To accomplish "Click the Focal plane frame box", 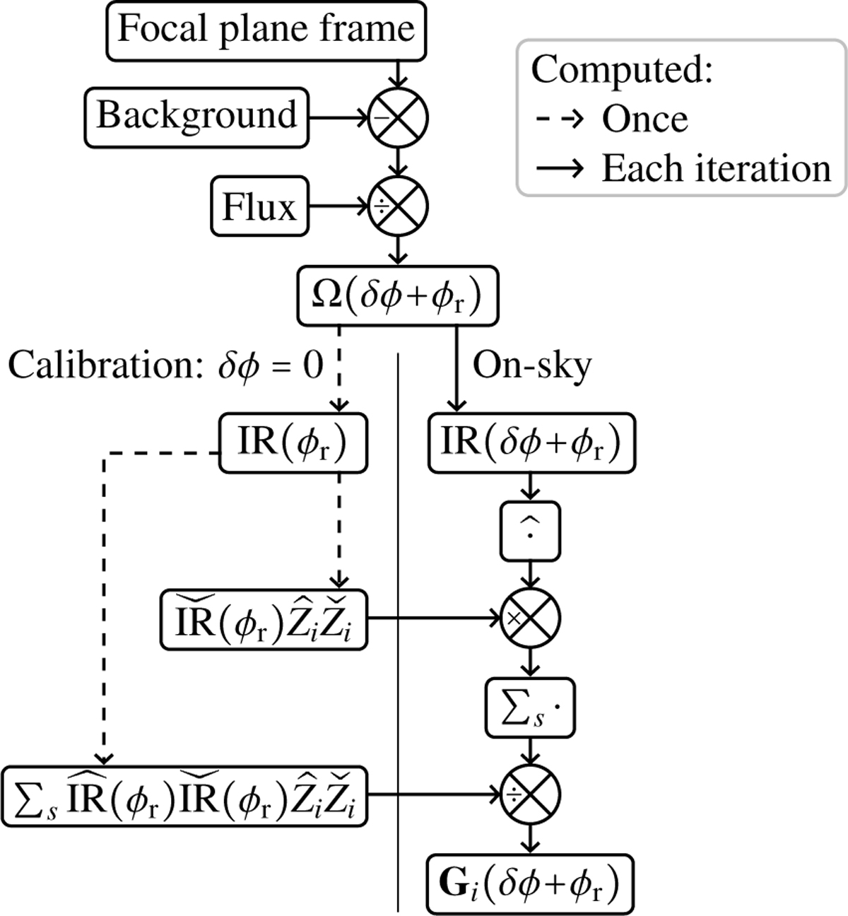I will [x=266, y=30].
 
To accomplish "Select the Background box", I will [x=196, y=116].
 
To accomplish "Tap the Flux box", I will [x=259, y=208].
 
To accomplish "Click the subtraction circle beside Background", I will [x=399, y=117].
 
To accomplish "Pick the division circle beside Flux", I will [x=399, y=208].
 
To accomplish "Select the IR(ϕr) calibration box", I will [x=293, y=443].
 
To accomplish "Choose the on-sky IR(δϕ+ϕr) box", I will [x=531, y=443].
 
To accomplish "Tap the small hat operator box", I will [x=530, y=529].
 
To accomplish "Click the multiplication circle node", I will [x=530, y=616].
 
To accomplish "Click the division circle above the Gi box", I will [x=530, y=795].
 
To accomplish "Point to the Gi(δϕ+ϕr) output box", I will [x=529, y=883].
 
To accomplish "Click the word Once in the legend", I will [x=644, y=119].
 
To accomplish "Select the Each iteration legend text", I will [x=716, y=169].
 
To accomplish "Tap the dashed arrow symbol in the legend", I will [x=558, y=119].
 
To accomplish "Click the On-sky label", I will [x=531, y=366].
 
